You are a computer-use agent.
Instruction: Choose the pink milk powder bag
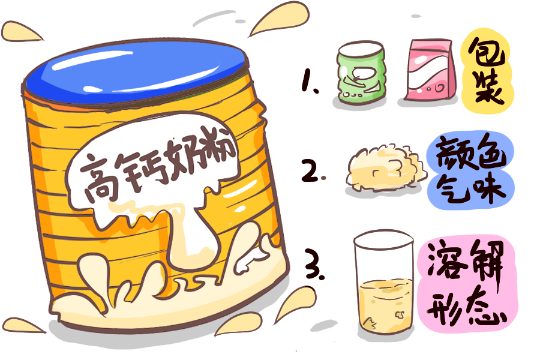(430, 70)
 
